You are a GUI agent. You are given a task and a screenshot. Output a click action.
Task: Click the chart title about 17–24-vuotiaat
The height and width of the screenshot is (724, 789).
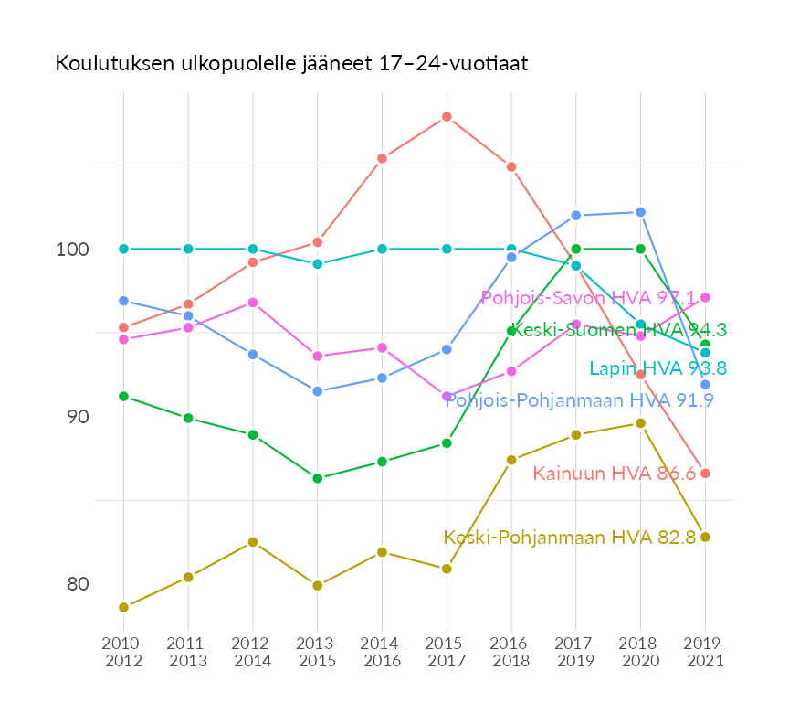point(291,64)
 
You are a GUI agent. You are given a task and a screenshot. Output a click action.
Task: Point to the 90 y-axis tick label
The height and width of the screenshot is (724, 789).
point(78,417)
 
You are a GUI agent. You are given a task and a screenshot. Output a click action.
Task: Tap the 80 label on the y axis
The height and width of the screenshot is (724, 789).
point(78,584)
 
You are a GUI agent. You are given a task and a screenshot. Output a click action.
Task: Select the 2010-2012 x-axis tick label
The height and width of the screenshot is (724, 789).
point(123,653)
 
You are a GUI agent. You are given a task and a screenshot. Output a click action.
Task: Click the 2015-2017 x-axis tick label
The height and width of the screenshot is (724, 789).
point(447,653)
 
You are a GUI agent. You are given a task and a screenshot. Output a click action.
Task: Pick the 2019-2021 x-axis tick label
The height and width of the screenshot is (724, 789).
point(705,653)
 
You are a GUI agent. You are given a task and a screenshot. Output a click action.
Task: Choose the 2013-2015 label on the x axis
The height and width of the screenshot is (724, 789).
point(317,653)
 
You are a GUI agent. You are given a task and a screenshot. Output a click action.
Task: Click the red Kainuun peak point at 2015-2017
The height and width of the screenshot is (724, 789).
point(447,117)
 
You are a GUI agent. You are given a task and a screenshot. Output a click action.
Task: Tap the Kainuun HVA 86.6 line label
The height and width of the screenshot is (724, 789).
point(615,474)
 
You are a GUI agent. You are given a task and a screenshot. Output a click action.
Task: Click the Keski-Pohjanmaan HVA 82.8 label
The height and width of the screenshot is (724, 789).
point(570,538)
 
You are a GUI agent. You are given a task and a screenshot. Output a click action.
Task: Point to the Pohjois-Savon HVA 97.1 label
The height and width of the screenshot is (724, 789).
point(588,298)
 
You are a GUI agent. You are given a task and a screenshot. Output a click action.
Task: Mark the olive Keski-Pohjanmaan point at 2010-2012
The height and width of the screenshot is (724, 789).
point(123,607)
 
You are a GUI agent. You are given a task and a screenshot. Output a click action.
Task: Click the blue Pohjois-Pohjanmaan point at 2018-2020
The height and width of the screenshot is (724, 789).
point(640,212)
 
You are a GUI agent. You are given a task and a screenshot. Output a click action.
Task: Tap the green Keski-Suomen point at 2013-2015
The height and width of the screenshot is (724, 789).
point(317,478)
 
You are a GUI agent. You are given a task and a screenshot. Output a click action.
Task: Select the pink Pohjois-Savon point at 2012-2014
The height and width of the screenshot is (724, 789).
point(253,303)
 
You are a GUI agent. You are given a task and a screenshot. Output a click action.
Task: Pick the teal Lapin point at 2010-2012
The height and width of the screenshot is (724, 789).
point(123,249)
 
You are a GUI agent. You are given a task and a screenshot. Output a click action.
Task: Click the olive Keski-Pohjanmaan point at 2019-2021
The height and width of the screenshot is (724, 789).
point(705,537)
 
